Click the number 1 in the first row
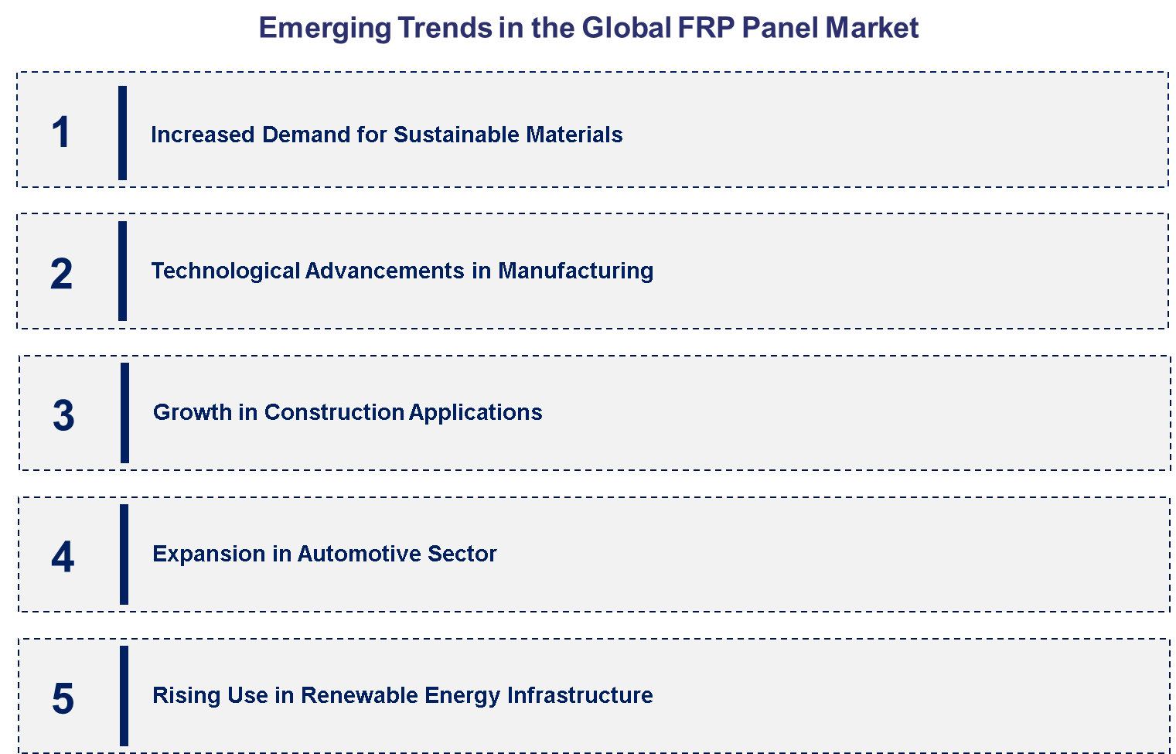click(61, 132)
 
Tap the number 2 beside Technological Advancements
click(61, 274)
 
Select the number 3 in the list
click(63, 415)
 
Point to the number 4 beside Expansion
click(63, 557)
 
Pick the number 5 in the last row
click(63, 698)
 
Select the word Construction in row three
click(334, 412)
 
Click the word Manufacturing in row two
click(575, 271)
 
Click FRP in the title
click(706, 28)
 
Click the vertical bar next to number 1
click(122, 133)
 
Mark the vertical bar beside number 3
click(124, 413)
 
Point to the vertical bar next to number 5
click(124, 696)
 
